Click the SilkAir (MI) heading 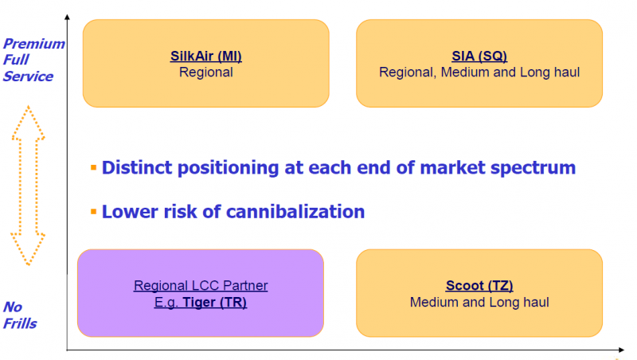coord(206,56)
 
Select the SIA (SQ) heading coord(479,56)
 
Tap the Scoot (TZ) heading coord(479,286)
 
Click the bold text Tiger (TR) coord(214,303)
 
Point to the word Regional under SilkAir coord(206,72)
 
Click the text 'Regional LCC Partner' coord(201,286)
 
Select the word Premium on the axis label coord(34,44)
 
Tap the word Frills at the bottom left coord(20,323)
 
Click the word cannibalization coord(295,212)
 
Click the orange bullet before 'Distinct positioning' coord(93,167)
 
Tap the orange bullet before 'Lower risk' coord(93,211)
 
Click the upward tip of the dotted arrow coord(28,107)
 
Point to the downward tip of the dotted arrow coord(28,265)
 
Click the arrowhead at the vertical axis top coord(67,17)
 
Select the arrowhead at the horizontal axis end coord(622,350)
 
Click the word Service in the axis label coord(28,76)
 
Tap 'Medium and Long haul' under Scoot coord(479,303)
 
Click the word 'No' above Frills coord(13,307)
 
